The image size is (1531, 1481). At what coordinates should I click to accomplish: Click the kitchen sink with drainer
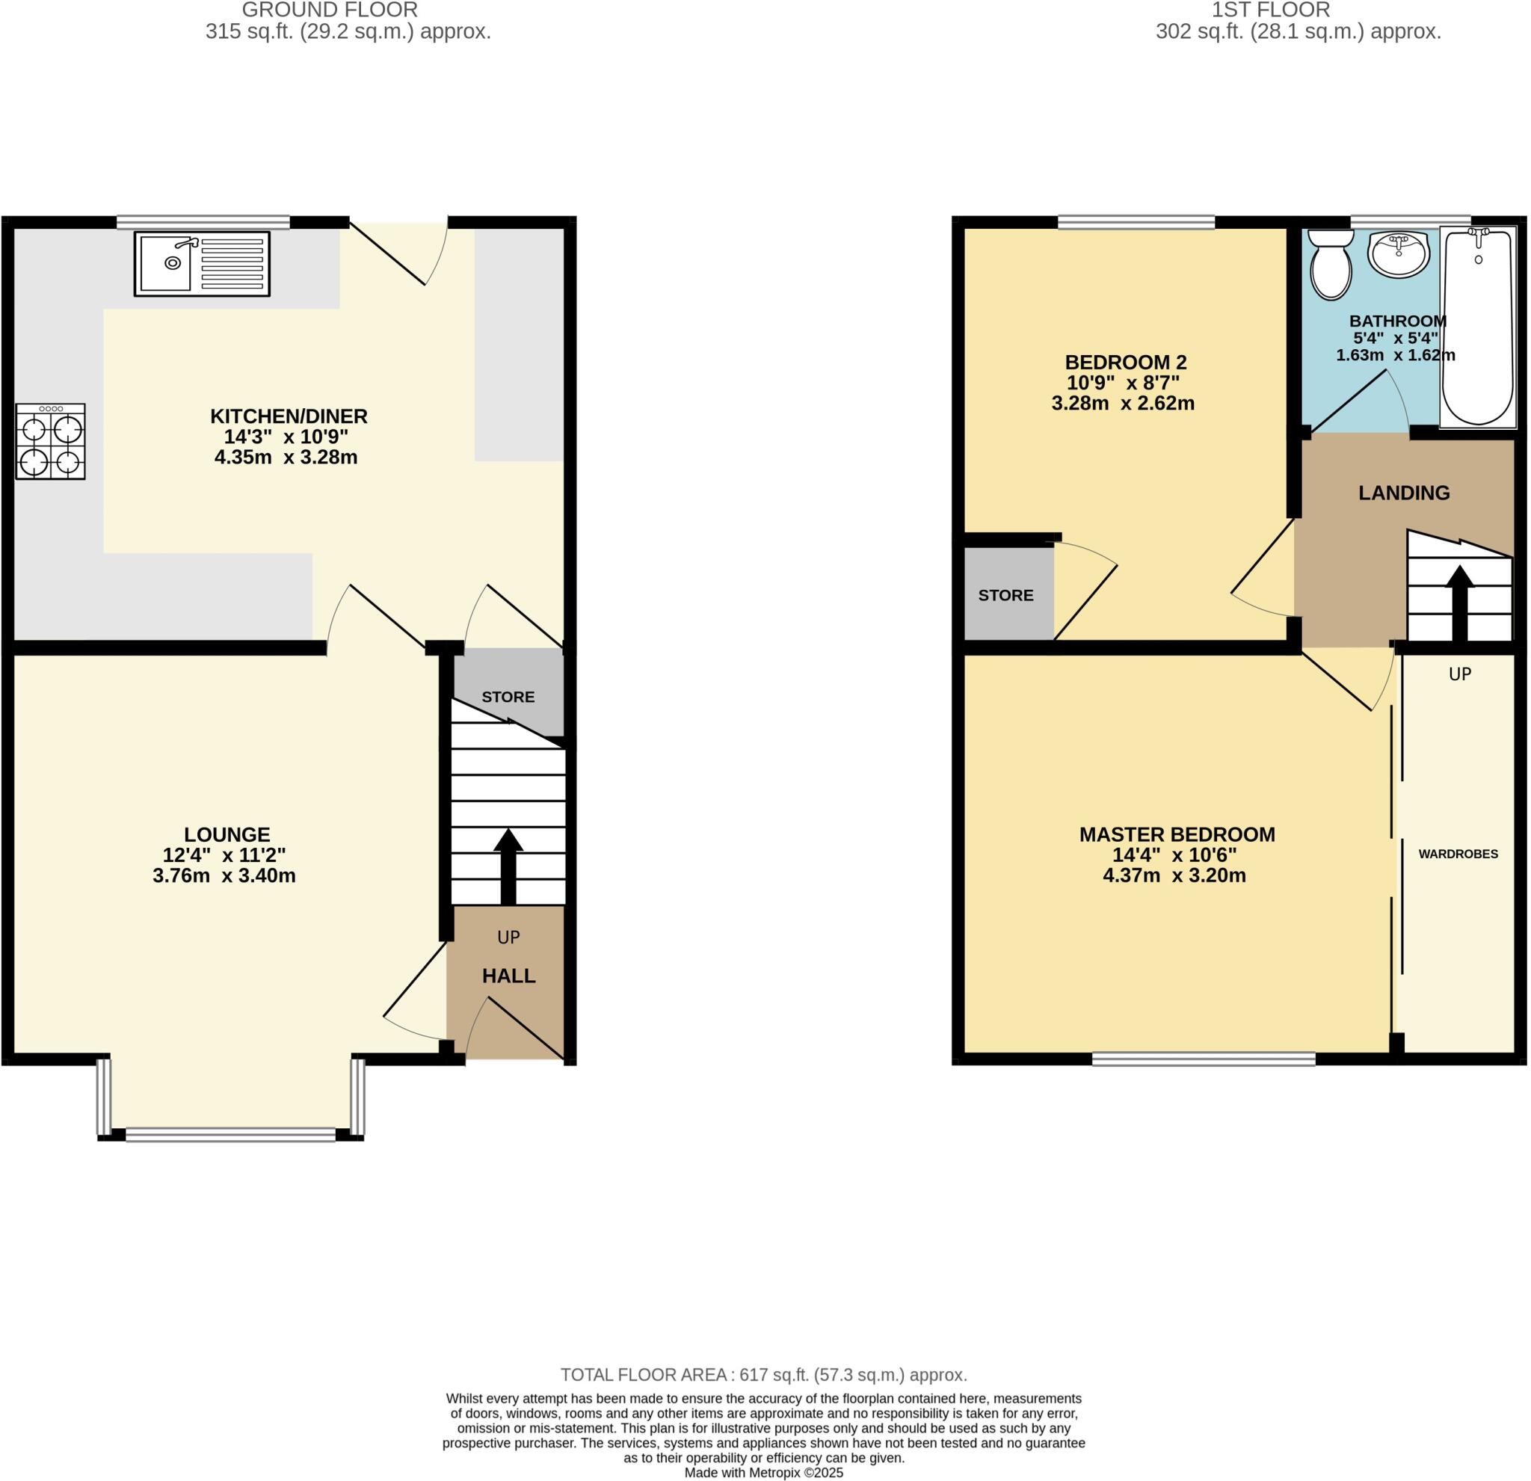click(202, 263)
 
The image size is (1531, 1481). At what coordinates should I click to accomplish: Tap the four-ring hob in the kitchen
click(50, 441)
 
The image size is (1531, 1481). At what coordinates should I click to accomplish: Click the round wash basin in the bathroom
click(1399, 254)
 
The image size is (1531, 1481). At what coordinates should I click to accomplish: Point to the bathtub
click(1479, 328)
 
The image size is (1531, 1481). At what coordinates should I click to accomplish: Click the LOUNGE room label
click(227, 834)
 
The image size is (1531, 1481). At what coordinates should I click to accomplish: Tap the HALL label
click(508, 976)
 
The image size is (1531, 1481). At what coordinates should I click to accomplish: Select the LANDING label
click(1404, 493)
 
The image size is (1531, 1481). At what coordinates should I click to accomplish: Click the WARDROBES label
click(1458, 854)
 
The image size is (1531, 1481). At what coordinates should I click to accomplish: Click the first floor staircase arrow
click(1459, 602)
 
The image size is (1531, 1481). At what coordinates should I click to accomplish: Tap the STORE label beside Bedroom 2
click(1005, 595)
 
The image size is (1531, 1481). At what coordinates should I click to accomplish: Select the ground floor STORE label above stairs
click(508, 697)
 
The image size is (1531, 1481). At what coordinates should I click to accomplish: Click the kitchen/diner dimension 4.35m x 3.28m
click(286, 458)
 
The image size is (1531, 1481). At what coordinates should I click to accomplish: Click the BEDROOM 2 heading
click(1126, 363)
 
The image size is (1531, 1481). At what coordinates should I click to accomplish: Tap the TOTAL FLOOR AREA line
click(764, 1375)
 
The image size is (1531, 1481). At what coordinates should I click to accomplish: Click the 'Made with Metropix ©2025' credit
click(764, 1473)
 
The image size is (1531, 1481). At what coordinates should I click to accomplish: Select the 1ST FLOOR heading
click(1270, 10)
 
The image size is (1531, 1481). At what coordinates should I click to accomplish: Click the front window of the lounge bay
click(230, 1134)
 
